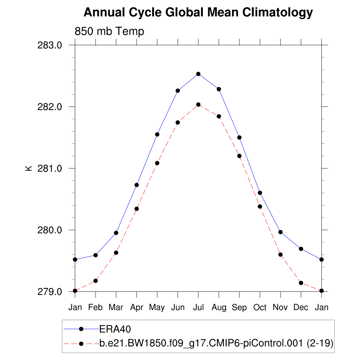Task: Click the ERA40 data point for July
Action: click(198, 74)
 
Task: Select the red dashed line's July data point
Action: click(198, 104)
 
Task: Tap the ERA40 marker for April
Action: click(137, 185)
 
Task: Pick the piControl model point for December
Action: click(301, 283)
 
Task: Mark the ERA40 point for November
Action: click(281, 232)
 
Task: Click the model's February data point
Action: click(96, 281)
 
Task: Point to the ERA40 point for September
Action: click(239, 137)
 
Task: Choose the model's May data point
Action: click(157, 163)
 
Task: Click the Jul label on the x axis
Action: click(198, 307)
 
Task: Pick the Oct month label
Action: click(260, 307)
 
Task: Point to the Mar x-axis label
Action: click(116, 307)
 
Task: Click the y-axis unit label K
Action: click(29, 168)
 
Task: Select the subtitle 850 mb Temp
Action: click(109, 32)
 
